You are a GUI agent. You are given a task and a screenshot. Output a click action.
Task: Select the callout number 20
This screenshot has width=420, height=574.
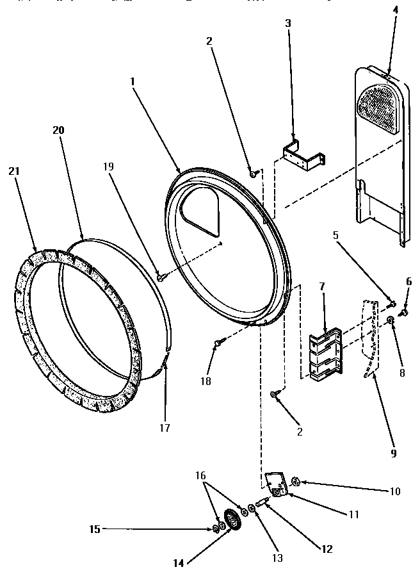(x=59, y=129)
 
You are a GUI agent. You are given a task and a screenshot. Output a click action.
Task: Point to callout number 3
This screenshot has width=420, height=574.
(x=287, y=23)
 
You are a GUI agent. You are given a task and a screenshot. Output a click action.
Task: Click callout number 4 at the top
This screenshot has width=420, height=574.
(x=395, y=10)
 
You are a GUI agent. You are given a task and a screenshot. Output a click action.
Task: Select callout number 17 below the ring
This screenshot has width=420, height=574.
(x=165, y=427)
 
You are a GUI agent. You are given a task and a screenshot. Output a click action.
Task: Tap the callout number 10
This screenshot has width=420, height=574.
(x=394, y=491)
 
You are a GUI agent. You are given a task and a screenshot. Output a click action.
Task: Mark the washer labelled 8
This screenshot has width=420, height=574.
(x=390, y=320)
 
